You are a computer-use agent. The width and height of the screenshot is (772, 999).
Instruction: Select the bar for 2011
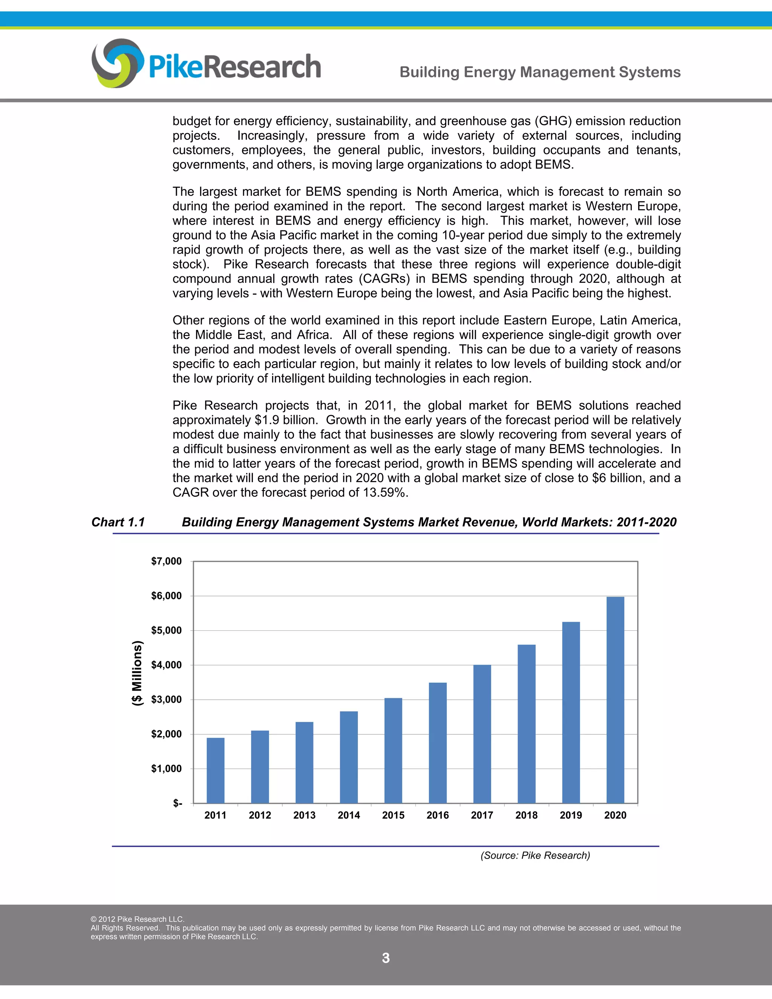[x=215, y=771]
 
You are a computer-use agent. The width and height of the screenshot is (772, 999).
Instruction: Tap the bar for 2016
[x=438, y=743]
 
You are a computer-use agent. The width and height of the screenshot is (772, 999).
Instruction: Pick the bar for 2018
[x=526, y=724]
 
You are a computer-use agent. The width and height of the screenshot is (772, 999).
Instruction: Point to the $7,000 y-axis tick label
[x=167, y=561]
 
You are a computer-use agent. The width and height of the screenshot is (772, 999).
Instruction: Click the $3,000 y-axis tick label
[x=167, y=699]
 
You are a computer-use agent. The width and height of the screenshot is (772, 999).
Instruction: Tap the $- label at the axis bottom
[x=178, y=803]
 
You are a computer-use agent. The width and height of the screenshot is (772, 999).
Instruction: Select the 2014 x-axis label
[x=349, y=815]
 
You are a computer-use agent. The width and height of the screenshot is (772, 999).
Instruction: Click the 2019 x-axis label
[x=571, y=815]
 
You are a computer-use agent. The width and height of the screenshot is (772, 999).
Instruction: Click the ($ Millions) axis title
[x=137, y=673]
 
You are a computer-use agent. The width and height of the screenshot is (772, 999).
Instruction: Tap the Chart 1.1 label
[x=118, y=522]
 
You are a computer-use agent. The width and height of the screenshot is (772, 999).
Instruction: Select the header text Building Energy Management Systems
[x=540, y=72]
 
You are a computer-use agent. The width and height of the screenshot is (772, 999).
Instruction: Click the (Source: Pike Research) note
[x=535, y=855]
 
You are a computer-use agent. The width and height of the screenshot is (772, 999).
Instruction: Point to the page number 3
[x=386, y=958]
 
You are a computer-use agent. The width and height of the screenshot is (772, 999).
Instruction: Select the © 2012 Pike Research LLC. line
[x=137, y=919]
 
